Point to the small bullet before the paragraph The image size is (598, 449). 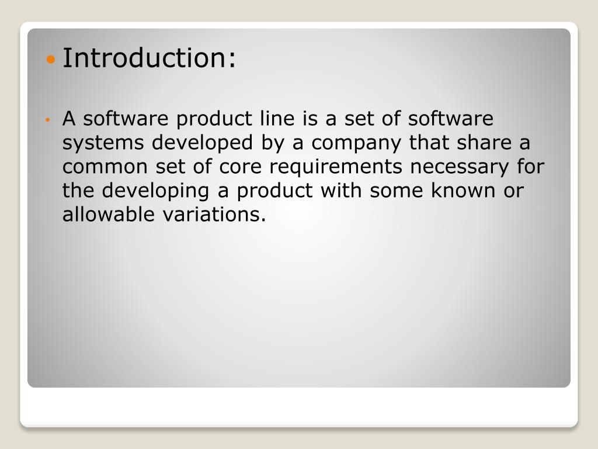tap(50, 120)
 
